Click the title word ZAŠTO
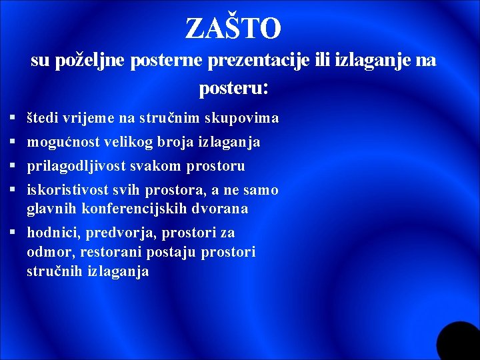(x=233, y=29)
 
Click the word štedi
(x=42, y=119)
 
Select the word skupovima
(x=241, y=119)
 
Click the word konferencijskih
(x=139, y=209)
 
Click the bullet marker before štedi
(x=13, y=119)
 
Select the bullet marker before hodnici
(x=13, y=233)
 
